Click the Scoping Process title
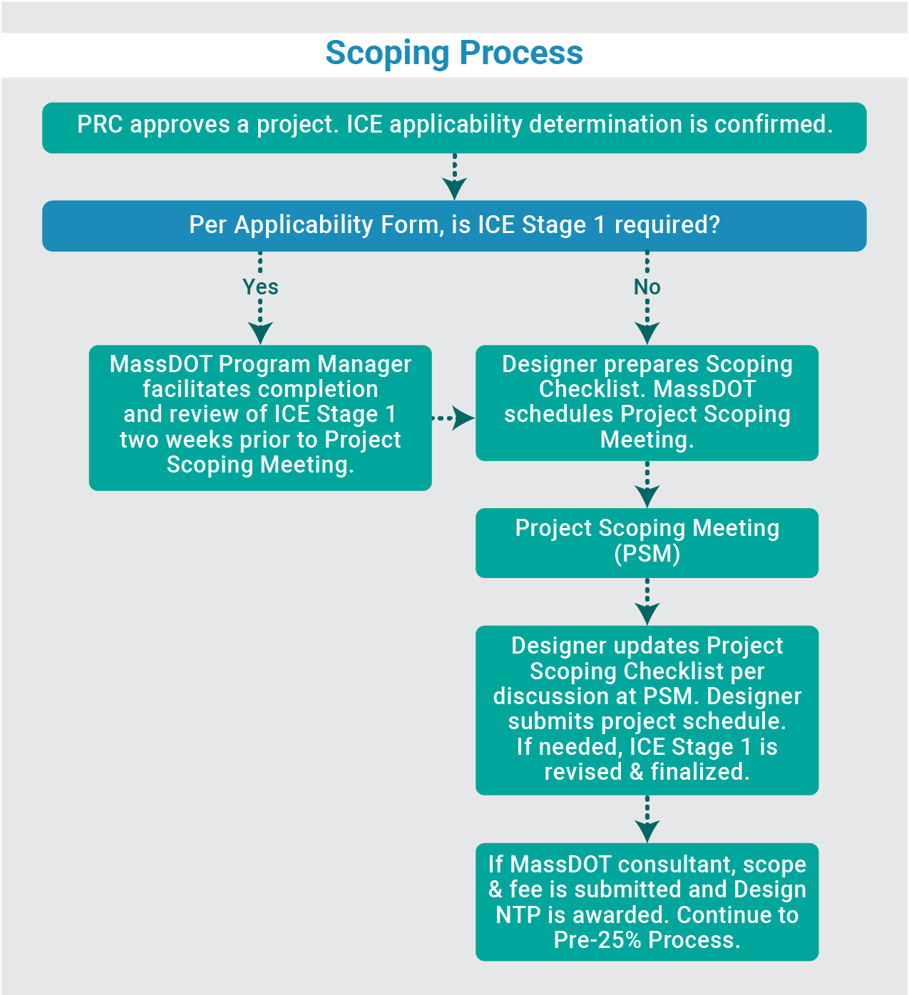(x=454, y=53)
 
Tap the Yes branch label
(x=260, y=287)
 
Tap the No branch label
(x=647, y=287)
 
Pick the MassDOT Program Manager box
(x=260, y=418)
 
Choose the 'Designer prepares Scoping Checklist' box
(x=647, y=403)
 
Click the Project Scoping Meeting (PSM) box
(x=647, y=542)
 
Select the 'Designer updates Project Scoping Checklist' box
(x=647, y=710)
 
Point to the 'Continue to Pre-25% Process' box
(x=647, y=902)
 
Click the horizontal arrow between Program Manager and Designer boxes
(x=453, y=418)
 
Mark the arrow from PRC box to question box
(x=454, y=177)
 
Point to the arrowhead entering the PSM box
(x=647, y=497)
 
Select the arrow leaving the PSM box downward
(x=647, y=602)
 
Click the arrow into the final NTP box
(x=647, y=820)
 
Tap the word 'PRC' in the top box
(x=100, y=125)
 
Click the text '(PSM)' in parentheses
(x=647, y=554)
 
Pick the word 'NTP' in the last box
(x=518, y=915)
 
